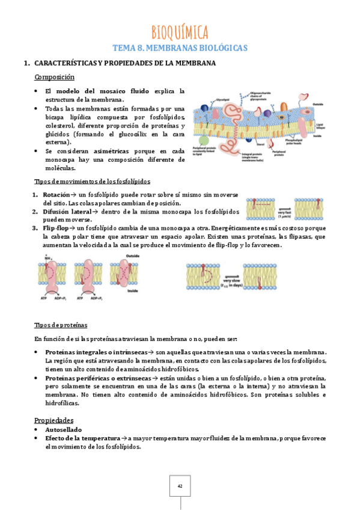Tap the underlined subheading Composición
tap(54, 78)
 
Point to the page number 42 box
tap(180, 485)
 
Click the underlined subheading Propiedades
tap(53, 420)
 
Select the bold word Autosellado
tap(64, 430)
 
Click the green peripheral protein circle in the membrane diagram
tap(204, 141)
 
